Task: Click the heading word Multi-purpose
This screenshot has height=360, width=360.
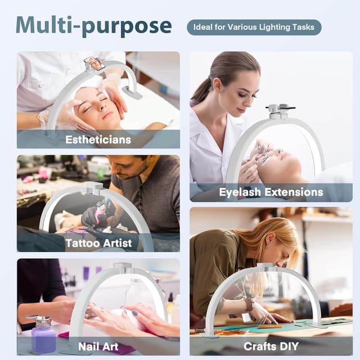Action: pyautogui.click(x=94, y=26)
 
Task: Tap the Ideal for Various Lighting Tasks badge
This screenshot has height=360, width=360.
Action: pyautogui.click(x=254, y=28)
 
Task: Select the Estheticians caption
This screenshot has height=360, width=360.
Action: pyautogui.click(x=98, y=139)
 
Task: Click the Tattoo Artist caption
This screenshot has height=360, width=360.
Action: pyautogui.click(x=98, y=243)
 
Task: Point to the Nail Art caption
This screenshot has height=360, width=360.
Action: pyautogui.click(x=98, y=346)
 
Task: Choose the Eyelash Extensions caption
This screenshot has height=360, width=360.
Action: pyautogui.click(x=271, y=192)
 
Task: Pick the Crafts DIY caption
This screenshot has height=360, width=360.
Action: pyautogui.click(x=271, y=346)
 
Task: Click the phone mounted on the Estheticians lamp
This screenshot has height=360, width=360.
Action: pyautogui.click(x=94, y=64)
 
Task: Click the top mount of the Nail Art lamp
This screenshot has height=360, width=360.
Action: pyautogui.click(x=123, y=268)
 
